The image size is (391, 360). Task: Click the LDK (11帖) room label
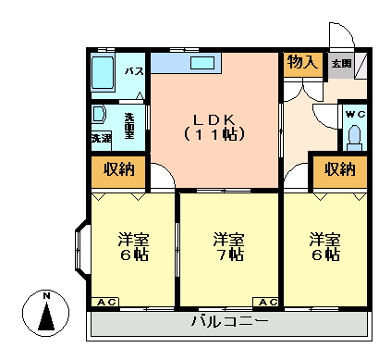tap(214, 127)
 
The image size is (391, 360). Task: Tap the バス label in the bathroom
tap(134, 71)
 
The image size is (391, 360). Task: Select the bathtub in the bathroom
tap(103, 73)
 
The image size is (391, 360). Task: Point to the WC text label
tap(356, 115)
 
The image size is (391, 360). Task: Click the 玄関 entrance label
tap(341, 64)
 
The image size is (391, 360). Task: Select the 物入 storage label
tap(302, 62)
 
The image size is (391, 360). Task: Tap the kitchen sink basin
tap(202, 63)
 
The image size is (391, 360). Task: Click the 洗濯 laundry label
tap(102, 138)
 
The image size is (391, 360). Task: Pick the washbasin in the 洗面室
tap(98, 114)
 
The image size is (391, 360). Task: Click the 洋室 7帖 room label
tap(229, 247)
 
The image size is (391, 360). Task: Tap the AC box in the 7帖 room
tap(265, 303)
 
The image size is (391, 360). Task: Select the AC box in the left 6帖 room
tap(105, 303)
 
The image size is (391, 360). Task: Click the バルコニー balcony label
tap(229, 321)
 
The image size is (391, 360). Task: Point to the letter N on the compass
tap(46, 296)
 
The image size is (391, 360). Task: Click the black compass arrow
tap(46, 317)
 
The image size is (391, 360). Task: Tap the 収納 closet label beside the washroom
tap(119, 169)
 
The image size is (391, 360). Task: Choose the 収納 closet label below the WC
tap(340, 169)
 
